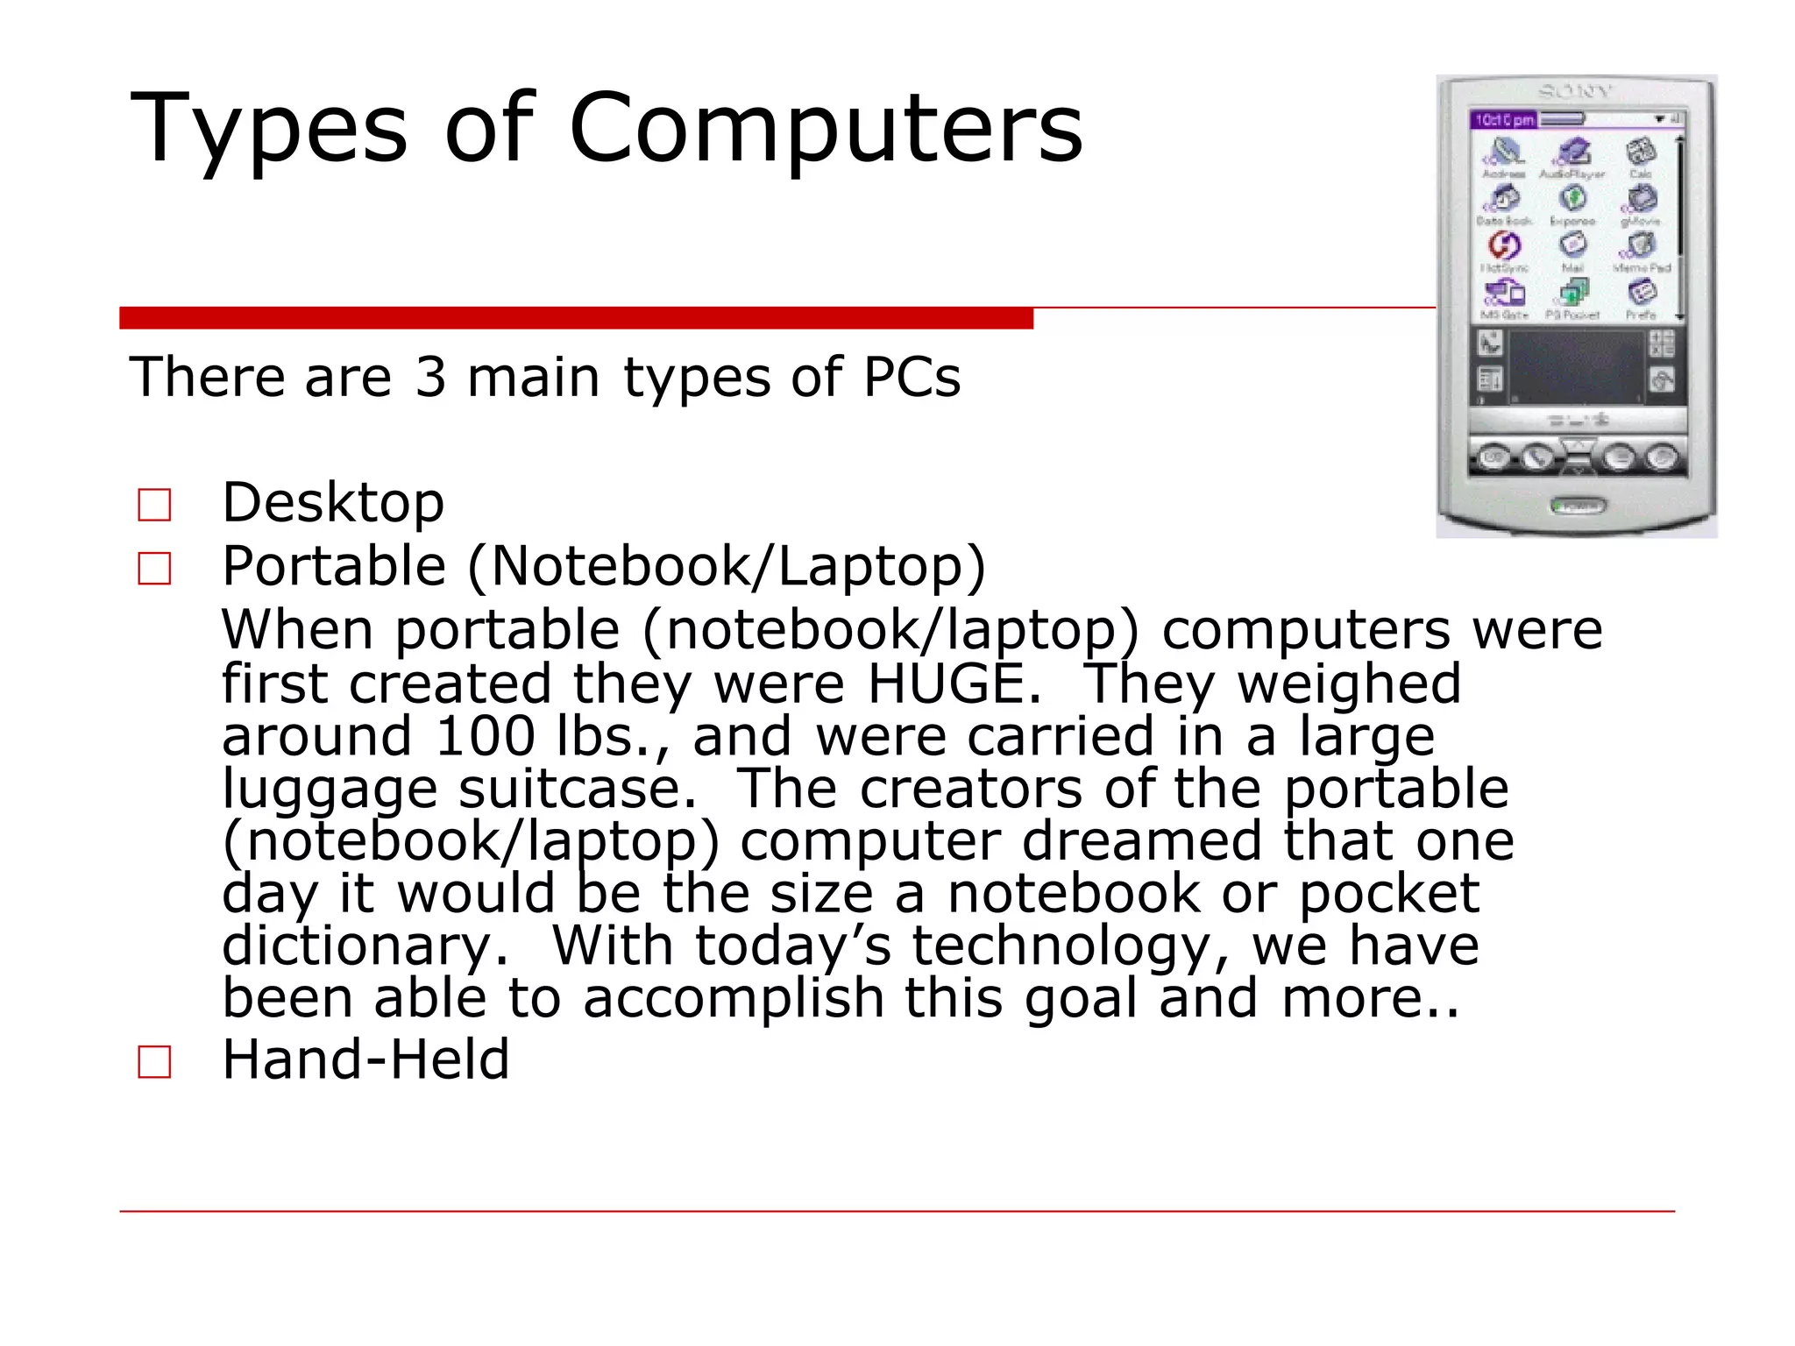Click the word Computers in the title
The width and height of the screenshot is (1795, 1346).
pos(826,129)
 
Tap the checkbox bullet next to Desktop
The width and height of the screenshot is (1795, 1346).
pos(155,505)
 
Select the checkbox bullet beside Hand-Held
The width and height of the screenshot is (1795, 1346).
pos(155,1061)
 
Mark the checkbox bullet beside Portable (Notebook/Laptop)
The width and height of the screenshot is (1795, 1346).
pos(155,569)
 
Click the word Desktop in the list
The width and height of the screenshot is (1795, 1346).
pos(333,503)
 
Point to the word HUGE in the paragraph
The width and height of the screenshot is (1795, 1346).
pos(953,684)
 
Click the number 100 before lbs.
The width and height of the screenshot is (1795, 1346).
pos(485,736)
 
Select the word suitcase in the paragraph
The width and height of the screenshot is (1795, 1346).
pos(578,789)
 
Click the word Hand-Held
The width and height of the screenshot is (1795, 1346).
pos(365,1059)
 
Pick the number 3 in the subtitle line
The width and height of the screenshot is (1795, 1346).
pos(430,378)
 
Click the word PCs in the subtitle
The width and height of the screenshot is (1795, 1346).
pos(912,378)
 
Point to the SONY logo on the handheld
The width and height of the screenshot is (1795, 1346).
pos(1575,92)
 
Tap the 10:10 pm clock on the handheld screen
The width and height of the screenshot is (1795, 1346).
pos(1504,120)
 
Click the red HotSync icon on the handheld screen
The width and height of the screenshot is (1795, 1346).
pos(1504,244)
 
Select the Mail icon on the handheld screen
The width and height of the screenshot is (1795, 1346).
pos(1572,246)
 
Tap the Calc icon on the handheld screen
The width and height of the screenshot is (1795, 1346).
pos(1640,154)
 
